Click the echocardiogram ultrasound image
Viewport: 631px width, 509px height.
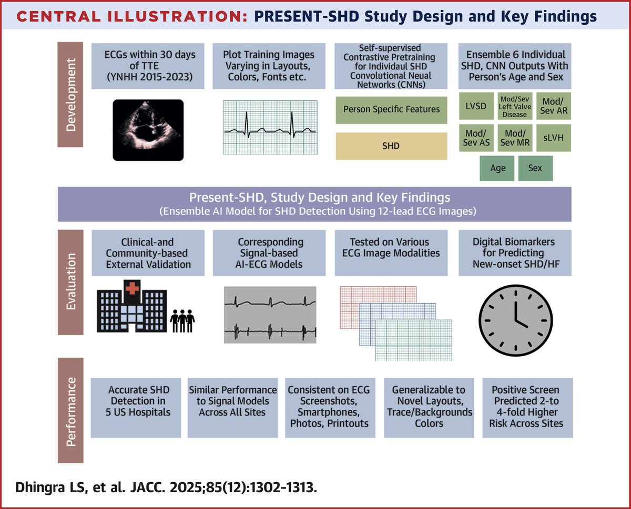coord(147,130)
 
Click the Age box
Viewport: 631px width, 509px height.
coord(497,168)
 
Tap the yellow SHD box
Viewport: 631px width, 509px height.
coord(391,146)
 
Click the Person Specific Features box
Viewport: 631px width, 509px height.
coord(391,109)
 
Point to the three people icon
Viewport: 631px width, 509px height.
coord(183,320)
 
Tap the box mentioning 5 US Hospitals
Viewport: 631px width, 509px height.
coord(136,407)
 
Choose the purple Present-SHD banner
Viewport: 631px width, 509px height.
coord(314,204)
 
